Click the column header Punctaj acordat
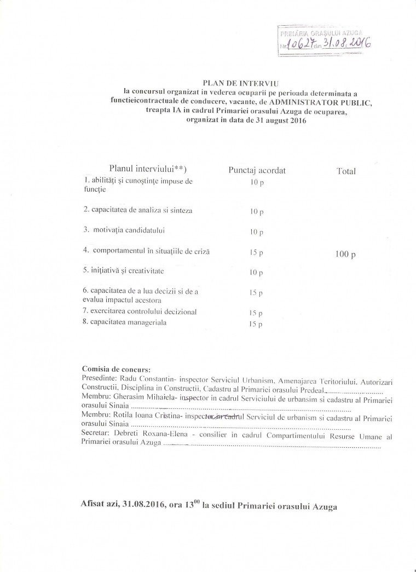pos(257,170)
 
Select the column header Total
pos(346,171)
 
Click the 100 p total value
pos(345,254)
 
